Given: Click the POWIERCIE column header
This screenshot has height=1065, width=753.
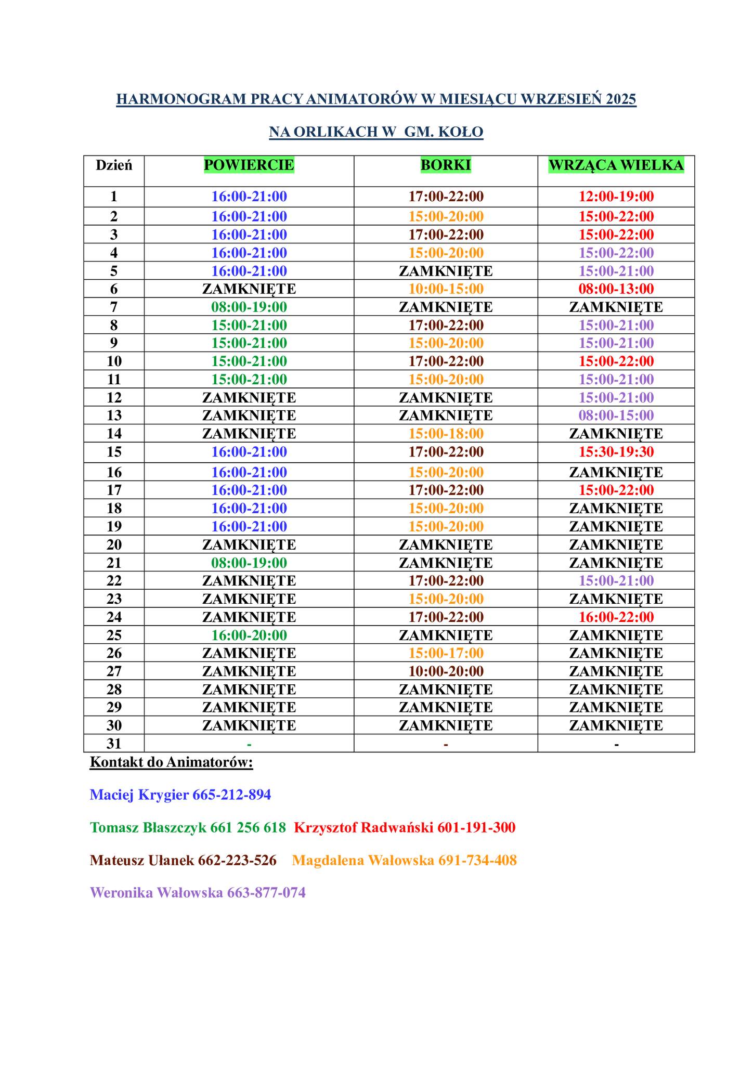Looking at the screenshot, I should pos(249,165).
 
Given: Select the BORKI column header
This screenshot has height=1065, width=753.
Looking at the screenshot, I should pos(446,165).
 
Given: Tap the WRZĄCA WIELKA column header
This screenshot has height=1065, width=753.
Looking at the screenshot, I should pos(616,165).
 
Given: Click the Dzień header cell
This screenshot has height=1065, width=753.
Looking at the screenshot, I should pos(114,165).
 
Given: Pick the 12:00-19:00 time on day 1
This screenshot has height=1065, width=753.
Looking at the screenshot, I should pos(616,197).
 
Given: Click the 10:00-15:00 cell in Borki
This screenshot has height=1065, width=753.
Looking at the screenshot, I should pos(446,289).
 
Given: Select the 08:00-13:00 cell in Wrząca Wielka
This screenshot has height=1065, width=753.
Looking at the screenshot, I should pos(616,289).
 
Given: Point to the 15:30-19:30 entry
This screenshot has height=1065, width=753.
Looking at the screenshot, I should pos(616,451).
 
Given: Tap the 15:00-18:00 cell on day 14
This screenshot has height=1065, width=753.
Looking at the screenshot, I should pos(446,433).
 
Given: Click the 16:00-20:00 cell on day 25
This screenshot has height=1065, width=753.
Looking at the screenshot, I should pos(249,635).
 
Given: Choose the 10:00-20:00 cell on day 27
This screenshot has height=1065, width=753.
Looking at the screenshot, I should pos(446,671).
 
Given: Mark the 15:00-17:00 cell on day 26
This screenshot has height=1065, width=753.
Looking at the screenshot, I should pos(446,653).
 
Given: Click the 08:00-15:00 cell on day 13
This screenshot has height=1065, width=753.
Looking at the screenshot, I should pos(616,415).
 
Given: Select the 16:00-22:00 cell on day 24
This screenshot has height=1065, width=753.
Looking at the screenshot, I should pos(616,617).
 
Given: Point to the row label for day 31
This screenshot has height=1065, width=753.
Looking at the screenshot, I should pos(114,744).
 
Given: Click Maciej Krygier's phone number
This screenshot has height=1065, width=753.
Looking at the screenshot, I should pos(231,795).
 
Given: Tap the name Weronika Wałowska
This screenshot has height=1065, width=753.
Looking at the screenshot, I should pos(157,892).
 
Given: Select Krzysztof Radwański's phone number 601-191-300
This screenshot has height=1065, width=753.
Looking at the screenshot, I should pos(476,827).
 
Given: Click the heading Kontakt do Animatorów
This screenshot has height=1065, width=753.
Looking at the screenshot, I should pos(172,762).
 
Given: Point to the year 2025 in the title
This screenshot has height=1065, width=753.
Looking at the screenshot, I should pos(621,99).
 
